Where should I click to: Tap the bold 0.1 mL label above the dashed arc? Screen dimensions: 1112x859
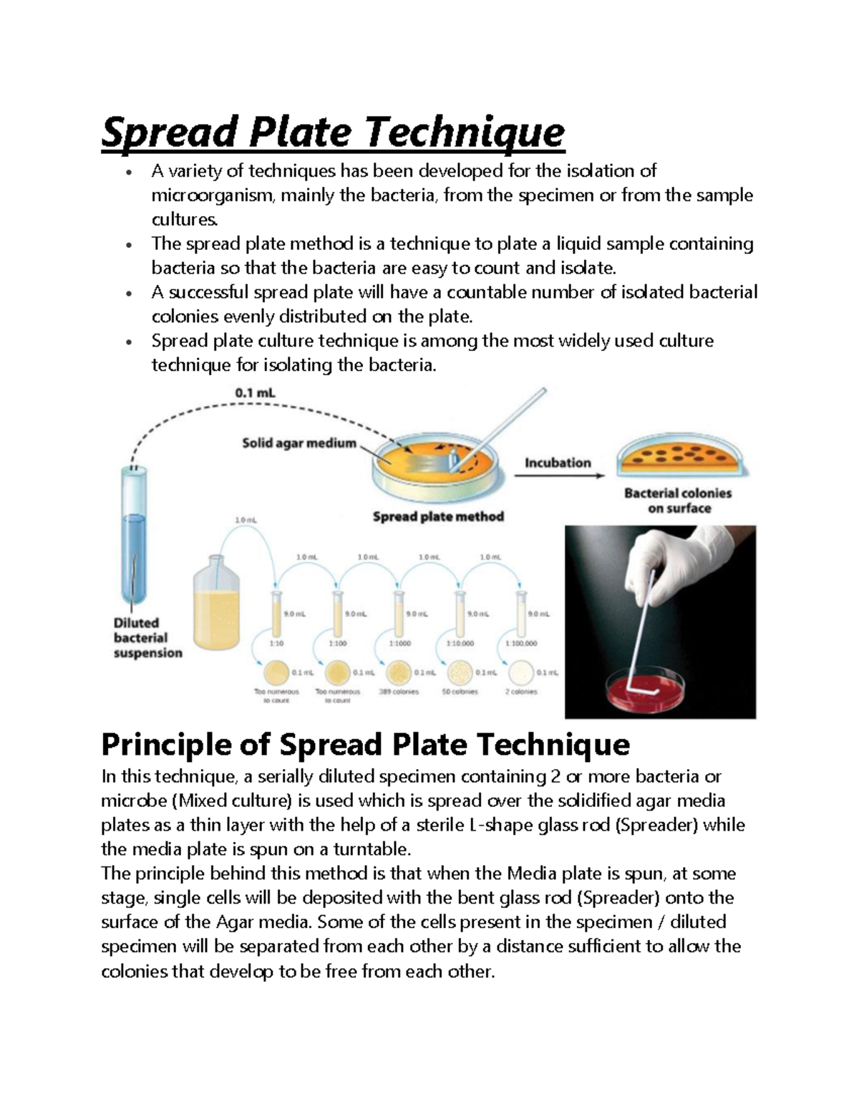pos(255,393)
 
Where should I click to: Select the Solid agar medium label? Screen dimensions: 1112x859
pos(299,443)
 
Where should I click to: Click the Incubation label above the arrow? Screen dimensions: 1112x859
pos(558,463)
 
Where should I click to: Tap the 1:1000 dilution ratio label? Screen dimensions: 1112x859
pos(399,643)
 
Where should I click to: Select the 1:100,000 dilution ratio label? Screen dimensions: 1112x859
pos(521,643)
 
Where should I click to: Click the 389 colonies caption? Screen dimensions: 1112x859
pos(399,692)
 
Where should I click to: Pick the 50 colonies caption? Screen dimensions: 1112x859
pos(460,692)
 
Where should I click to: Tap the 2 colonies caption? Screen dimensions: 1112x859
pos(521,692)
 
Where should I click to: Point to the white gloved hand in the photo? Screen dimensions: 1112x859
pos(669,566)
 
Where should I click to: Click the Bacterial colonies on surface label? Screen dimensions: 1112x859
pos(678,501)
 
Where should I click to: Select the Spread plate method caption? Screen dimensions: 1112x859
pos(438,516)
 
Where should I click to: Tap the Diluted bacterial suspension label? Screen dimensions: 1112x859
pos(147,638)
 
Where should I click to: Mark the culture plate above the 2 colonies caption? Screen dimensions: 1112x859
pos(522,673)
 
